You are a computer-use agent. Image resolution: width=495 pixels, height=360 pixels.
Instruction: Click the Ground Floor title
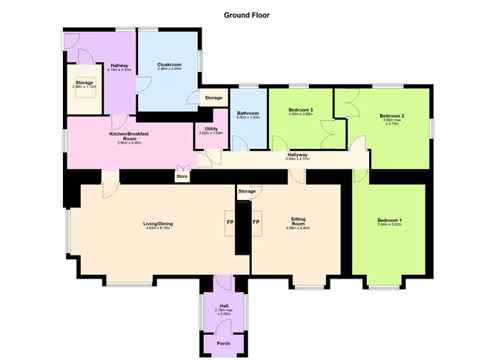[247, 14]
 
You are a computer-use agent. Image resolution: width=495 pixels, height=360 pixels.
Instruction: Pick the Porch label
[223, 342]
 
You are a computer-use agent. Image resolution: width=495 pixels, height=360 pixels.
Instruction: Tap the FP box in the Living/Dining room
[229, 221]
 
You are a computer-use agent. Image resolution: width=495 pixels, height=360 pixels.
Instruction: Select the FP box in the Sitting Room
[256, 221]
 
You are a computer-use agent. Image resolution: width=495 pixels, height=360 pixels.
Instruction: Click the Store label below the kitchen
[182, 176]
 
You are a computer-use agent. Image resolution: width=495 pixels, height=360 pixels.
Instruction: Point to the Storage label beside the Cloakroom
[213, 98]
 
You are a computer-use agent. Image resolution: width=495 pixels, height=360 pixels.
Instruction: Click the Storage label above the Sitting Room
[247, 192]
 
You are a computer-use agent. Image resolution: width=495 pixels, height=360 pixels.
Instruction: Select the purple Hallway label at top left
[120, 67]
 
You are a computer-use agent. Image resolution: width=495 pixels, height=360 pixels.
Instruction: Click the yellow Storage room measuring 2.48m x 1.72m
[83, 86]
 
